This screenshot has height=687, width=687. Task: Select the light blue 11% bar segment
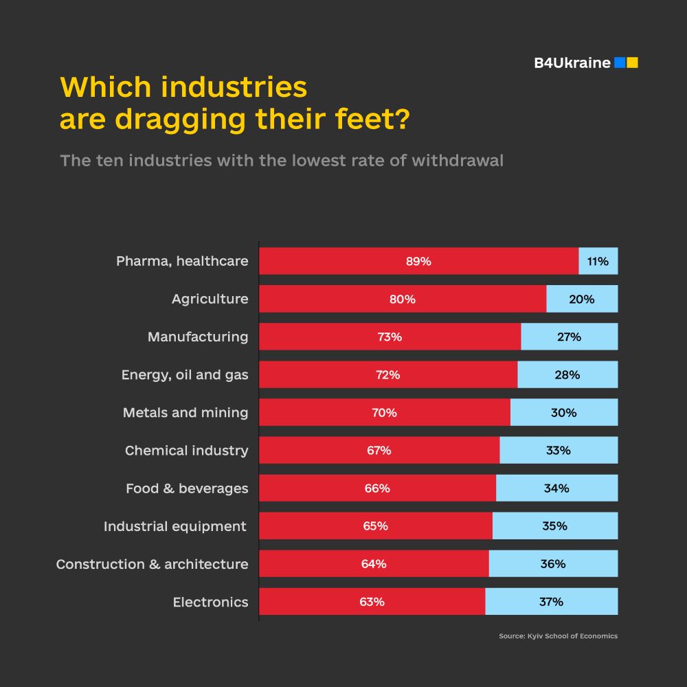[x=598, y=261]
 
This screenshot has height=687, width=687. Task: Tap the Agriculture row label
[x=210, y=300]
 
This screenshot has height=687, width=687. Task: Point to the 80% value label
[x=402, y=300]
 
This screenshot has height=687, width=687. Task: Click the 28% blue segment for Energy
[x=567, y=375]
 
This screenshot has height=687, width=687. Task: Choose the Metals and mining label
[x=185, y=413]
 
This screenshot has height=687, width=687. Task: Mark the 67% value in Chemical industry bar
[x=379, y=451]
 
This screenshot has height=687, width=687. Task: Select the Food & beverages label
[x=187, y=488]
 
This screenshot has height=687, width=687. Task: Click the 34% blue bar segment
[x=556, y=488]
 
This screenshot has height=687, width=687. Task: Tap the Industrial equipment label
[x=175, y=526]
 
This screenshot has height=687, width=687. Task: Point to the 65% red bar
[x=375, y=526]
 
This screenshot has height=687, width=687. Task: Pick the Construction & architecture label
[x=152, y=564]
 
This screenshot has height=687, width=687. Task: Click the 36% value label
[x=553, y=564]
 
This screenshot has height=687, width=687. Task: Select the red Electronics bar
[x=372, y=602]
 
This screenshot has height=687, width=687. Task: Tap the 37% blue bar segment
[x=551, y=602]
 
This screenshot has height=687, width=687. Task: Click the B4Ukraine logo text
[x=572, y=63]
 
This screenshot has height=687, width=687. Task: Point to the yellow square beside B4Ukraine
[x=633, y=63]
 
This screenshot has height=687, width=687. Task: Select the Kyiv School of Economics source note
[x=558, y=636]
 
